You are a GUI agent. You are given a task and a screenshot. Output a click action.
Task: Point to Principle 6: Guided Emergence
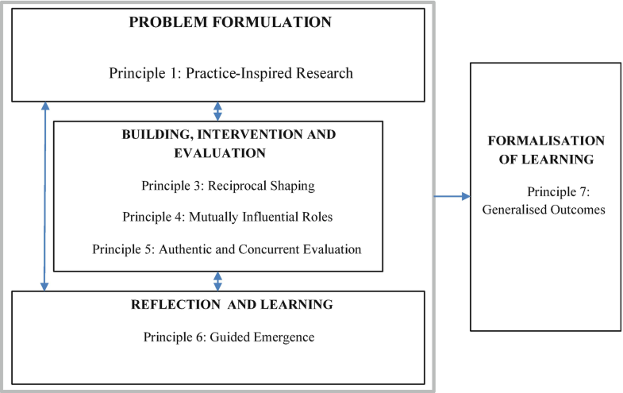[x=229, y=337]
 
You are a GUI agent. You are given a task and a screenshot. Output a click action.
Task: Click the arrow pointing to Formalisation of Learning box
[x=452, y=196]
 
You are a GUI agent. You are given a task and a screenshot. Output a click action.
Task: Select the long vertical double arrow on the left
[x=45, y=196]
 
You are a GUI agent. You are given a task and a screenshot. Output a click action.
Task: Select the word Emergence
[x=284, y=337]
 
